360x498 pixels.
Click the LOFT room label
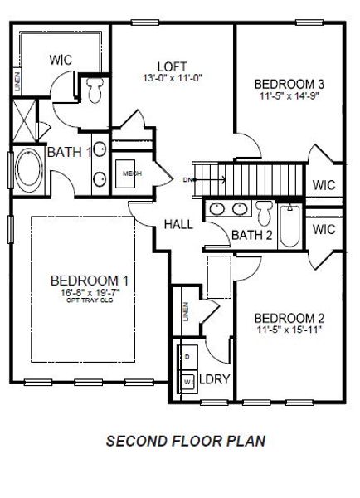[172, 66]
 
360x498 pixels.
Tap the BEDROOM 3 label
[289, 83]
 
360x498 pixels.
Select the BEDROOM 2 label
[289, 318]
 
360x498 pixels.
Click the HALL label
[178, 224]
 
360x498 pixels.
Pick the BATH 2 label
[252, 236]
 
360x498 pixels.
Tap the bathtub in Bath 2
[290, 223]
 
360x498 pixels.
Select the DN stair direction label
[188, 179]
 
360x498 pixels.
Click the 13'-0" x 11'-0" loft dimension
[172, 78]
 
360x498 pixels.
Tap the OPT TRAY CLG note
[89, 300]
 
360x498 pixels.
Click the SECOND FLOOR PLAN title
[186, 442]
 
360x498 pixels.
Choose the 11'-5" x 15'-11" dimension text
[289, 330]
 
